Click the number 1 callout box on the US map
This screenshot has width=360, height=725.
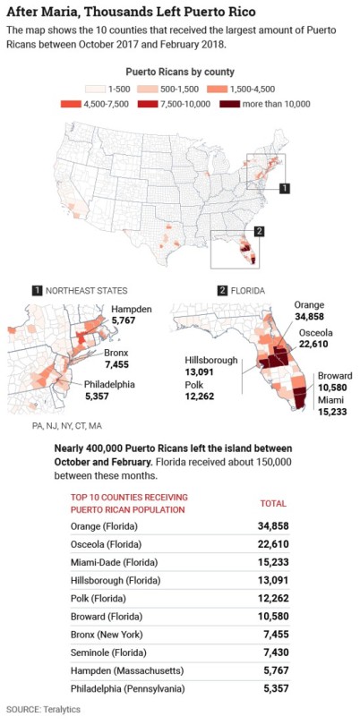tap(285, 189)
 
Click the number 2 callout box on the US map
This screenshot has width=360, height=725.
tap(259, 231)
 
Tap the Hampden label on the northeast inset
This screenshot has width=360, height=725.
tap(132, 309)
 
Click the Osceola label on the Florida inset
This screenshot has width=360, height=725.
tap(313, 335)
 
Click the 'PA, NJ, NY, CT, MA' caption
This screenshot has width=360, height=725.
tap(66, 426)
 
